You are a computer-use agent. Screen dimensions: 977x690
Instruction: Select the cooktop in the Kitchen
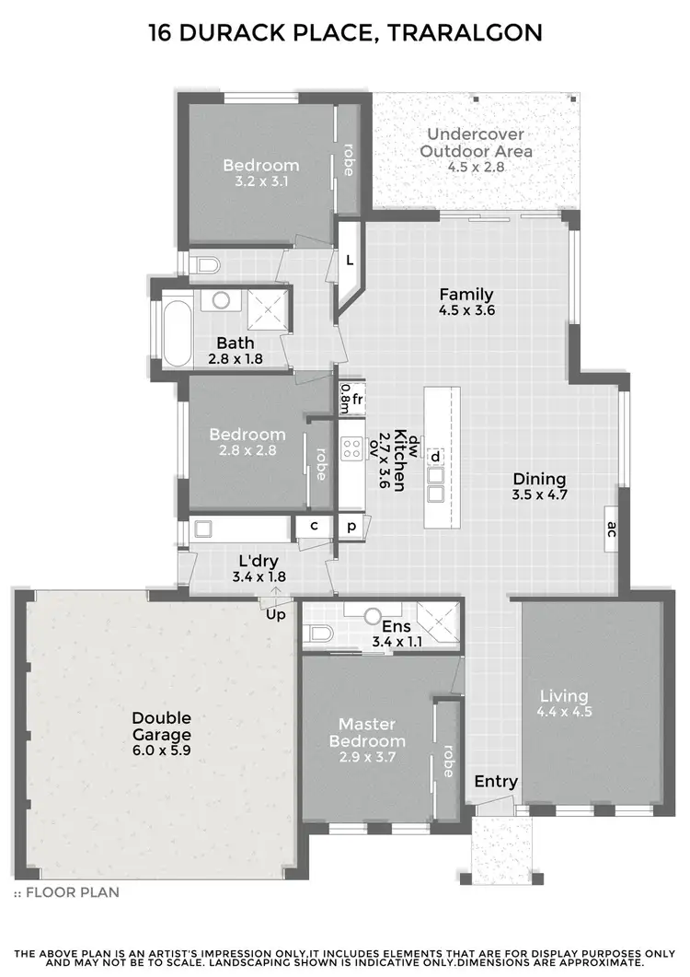point(351,448)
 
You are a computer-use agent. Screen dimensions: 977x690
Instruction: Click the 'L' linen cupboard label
point(350,261)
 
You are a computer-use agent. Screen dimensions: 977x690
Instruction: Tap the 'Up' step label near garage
point(275,613)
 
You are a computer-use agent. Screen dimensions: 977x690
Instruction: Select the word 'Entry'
point(496,782)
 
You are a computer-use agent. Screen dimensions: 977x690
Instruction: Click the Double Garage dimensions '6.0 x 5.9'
point(161,751)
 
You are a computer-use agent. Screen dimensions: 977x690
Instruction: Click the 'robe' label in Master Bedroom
point(448,761)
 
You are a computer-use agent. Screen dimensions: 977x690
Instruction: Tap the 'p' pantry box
point(351,528)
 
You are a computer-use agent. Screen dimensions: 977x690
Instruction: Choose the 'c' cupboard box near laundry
point(314,527)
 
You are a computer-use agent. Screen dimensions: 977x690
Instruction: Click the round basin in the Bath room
point(218,299)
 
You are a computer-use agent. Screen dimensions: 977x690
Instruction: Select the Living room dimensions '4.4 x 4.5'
point(564,711)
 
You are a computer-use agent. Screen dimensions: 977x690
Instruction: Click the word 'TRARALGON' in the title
point(466,33)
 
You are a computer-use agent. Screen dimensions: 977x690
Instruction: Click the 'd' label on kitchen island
point(435,456)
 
